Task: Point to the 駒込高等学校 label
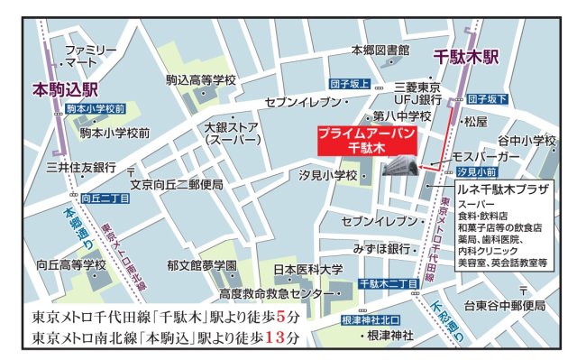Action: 200,81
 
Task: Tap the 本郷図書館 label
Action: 380,50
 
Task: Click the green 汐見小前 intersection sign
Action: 474,171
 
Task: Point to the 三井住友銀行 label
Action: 80,167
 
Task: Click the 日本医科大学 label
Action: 307,270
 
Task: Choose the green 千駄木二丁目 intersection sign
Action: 388,283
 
